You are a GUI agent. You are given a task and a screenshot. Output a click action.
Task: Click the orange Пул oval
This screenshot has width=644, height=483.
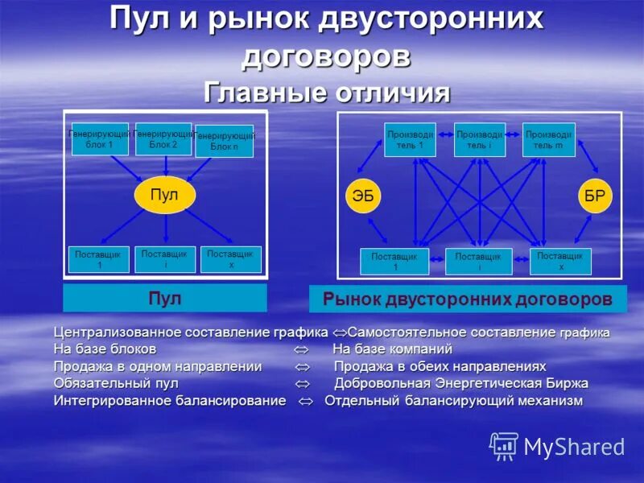[x=165, y=195]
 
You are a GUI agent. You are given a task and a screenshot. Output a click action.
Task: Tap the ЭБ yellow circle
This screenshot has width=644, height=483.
[x=363, y=196]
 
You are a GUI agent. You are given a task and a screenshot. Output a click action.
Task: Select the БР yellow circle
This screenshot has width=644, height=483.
[x=596, y=196]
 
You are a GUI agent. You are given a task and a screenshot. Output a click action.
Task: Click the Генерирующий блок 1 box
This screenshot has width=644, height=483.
[x=100, y=139]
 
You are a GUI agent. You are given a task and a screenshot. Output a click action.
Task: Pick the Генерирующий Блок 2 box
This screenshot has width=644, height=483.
[x=163, y=139]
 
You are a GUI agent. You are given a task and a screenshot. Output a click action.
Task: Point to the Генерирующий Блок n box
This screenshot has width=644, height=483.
[x=224, y=142]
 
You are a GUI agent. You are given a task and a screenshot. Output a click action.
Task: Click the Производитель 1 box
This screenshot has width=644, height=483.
[x=410, y=139]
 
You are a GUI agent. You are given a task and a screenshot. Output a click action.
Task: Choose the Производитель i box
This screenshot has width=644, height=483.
[x=480, y=139]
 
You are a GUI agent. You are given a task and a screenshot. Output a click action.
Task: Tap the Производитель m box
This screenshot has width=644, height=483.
[x=548, y=139]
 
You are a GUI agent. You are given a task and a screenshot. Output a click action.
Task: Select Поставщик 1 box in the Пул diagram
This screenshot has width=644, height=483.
[x=98, y=259]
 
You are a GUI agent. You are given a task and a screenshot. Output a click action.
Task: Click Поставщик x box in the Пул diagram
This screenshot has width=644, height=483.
[x=230, y=259]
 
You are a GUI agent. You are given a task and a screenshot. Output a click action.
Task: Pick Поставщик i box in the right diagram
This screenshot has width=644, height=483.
[x=478, y=262]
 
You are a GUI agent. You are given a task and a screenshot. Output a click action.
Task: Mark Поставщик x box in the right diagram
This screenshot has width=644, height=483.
[x=560, y=262]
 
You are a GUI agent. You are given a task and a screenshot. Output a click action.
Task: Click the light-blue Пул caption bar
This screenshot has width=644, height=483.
[x=165, y=299]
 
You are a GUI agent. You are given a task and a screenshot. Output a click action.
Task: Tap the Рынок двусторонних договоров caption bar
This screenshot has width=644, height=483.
[x=468, y=299]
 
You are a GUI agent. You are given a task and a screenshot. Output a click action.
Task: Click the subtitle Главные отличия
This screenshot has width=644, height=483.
[x=327, y=93]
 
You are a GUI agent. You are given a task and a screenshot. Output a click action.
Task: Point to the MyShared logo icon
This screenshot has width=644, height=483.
[x=504, y=445]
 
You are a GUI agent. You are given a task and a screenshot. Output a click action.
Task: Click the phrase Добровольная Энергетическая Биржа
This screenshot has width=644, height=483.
[x=461, y=383]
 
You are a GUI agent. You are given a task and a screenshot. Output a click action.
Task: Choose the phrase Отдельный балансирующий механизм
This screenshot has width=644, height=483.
[x=453, y=401]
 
